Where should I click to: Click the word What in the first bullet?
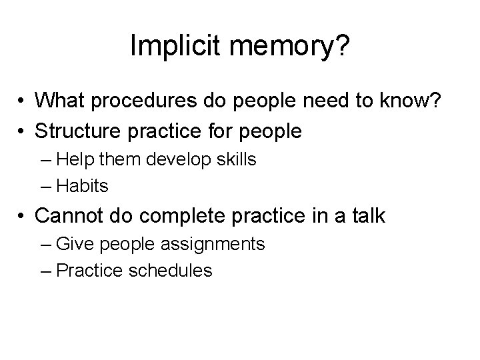pos(61,101)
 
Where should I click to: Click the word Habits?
pos(82,186)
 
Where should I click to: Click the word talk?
pos(367,215)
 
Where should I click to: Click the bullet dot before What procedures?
pos(22,101)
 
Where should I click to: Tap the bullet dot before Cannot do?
pos(22,216)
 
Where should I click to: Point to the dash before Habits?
pos(47,186)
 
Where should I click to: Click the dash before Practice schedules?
pos(47,270)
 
